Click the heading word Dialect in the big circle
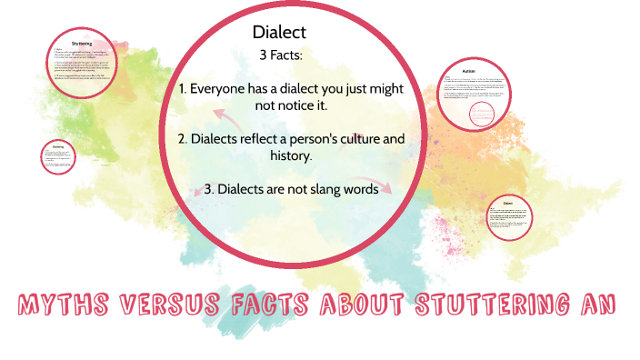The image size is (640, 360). coord(279,32)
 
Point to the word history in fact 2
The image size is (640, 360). coord(287,156)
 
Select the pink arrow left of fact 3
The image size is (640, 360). coord(200,191)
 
